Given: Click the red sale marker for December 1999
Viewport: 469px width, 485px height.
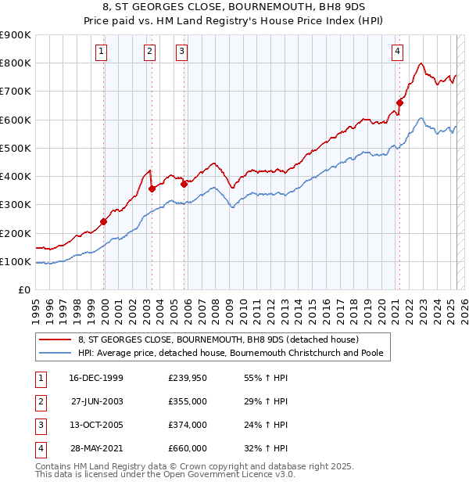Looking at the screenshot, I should [104, 221].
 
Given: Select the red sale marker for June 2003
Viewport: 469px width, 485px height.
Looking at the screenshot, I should [152, 189].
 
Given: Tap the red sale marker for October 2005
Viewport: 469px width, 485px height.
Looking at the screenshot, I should [184, 184].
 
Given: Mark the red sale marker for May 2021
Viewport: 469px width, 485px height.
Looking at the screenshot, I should [399, 102].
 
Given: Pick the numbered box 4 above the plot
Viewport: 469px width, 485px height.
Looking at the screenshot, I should [398, 52].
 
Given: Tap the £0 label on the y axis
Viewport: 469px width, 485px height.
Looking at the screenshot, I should [23, 290].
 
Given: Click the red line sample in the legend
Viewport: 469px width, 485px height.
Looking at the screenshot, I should [55, 340].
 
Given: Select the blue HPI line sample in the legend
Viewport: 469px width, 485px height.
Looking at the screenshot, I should [55, 354].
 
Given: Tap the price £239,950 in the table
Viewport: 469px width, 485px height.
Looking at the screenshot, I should [188, 378].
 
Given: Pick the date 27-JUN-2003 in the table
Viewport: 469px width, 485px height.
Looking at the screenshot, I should [96, 401].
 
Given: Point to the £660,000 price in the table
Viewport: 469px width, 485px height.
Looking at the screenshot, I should [188, 448].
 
